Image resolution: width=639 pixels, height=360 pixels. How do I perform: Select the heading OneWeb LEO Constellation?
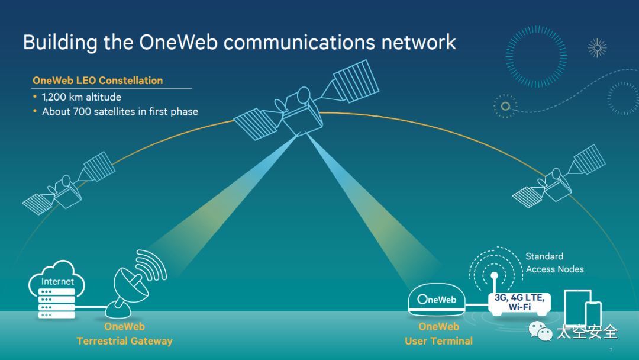click(x=98, y=81)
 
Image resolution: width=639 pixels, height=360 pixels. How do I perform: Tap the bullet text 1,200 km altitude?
click(x=82, y=97)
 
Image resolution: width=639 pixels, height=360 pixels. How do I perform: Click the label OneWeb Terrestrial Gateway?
click(x=125, y=334)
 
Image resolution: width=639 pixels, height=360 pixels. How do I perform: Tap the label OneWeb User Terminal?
click(x=438, y=334)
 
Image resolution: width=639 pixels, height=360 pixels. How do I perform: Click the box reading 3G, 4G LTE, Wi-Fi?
click(x=519, y=303)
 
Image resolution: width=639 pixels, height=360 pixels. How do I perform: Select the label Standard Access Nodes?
click(x=554, y=263)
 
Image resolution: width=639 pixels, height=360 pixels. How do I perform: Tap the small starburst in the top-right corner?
click(x=597, y=48)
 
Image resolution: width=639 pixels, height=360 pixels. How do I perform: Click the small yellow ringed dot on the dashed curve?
click(x=505, y=107)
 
